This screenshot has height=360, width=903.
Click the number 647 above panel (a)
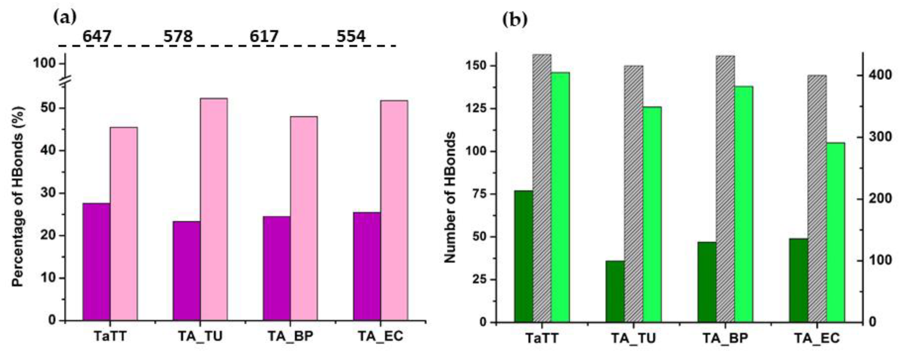click(97, 36)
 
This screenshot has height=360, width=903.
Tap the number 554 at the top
click(351, 36)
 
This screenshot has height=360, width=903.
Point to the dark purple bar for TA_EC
click(367, 266)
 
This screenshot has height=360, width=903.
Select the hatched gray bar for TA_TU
click(633, 194)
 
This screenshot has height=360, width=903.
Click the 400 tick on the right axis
click(878, 75)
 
